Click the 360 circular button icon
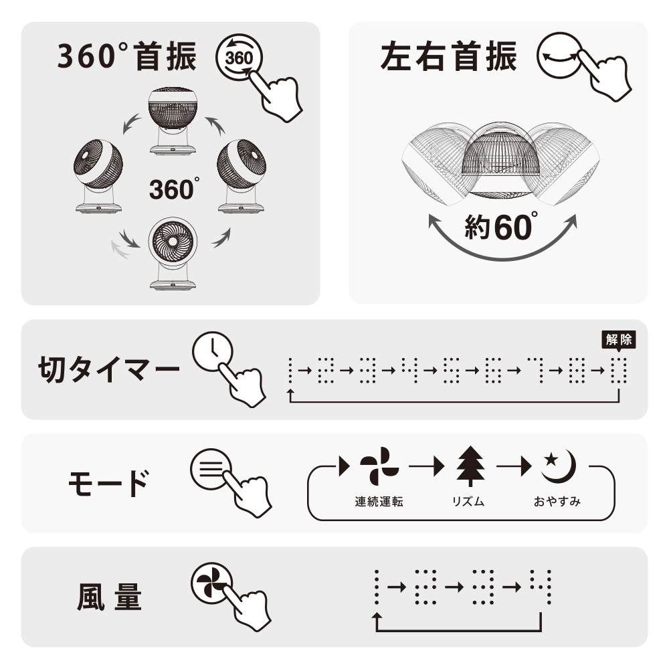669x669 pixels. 239,57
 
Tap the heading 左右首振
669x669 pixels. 448,57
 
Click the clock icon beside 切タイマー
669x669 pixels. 213,352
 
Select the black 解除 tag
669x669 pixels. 619,340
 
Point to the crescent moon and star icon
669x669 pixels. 558,466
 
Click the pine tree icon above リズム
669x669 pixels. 470,466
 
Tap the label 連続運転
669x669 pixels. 379,501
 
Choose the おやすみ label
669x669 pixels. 557,501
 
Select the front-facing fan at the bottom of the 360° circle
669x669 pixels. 173,254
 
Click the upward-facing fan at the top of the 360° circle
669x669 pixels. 173,120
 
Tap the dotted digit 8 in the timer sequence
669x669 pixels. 577,371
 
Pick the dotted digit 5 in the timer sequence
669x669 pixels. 452,371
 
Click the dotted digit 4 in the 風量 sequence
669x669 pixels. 541,587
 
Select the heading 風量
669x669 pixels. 109,597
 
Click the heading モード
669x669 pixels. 109,483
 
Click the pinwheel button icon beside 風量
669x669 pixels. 212,583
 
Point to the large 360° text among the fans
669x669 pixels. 174,189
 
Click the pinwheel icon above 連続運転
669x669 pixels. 379,466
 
